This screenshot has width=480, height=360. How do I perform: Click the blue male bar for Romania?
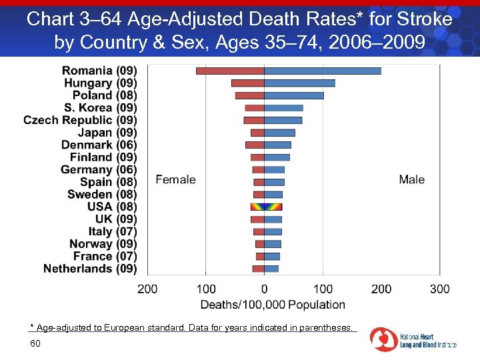tap(323, 71)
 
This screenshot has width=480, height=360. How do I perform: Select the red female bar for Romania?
tap(230, 71)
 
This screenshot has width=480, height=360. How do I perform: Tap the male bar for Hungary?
tap(299, 83)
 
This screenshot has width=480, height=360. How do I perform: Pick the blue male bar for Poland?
tap(293, 95)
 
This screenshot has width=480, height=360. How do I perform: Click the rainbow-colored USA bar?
tap(266, 207)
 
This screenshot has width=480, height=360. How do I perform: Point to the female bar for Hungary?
tap(247, 83)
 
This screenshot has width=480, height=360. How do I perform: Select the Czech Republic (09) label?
tap(80, 120)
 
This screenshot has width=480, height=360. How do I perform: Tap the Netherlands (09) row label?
tap(90, 269)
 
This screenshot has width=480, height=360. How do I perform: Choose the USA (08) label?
tap(111, 207)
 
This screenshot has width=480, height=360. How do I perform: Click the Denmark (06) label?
tap(99, 145)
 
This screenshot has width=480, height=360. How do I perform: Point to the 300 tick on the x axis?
tap(439, 289)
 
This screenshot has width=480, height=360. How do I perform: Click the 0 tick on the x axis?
tap(265, 289)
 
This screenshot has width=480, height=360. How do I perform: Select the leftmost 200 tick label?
tap(147, 289)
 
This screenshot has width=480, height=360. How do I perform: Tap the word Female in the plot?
tap(175, 179)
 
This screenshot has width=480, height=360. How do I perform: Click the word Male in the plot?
tap(411, 179)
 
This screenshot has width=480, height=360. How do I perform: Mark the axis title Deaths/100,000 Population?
tap(273, 305)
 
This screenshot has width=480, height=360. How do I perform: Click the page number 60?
tap(35, 343)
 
